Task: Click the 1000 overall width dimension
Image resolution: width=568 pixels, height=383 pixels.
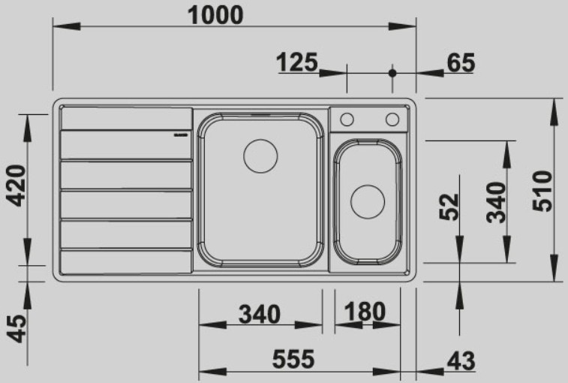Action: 215,14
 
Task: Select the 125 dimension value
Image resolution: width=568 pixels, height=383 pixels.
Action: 298,62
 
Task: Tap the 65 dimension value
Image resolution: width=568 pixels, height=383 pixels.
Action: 460,63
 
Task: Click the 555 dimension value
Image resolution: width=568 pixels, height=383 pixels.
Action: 292,360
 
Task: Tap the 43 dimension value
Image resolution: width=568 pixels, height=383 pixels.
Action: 460,361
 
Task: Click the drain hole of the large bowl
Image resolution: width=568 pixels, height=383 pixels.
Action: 260,155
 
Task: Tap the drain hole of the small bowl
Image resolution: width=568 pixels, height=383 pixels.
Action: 368,200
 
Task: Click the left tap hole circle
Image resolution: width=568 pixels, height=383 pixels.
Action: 347,119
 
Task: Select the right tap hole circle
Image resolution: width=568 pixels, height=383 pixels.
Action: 392,119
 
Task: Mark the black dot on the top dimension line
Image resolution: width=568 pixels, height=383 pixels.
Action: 392,73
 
